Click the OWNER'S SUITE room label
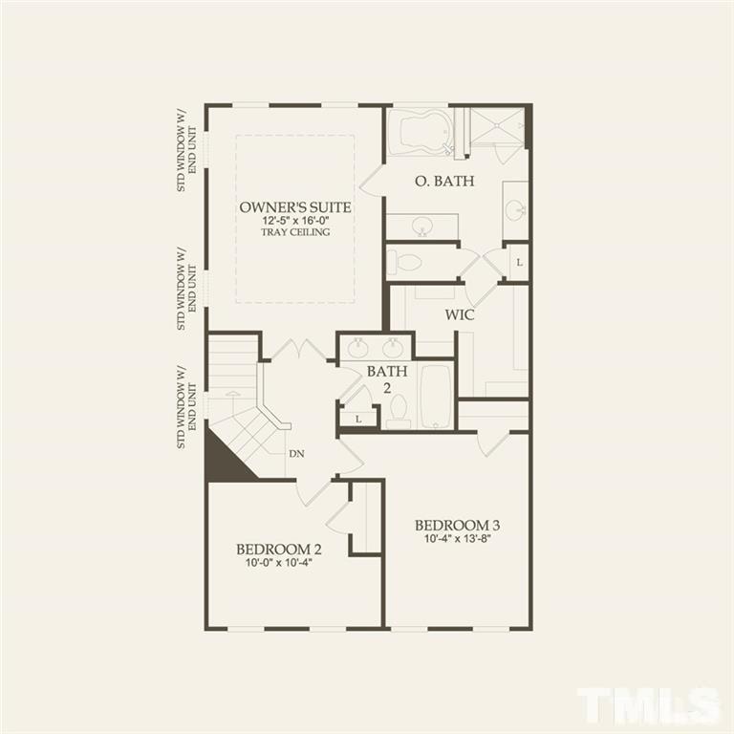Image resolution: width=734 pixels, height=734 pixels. coord(294,207)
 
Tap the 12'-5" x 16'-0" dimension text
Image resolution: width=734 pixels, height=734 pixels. coord(294,221)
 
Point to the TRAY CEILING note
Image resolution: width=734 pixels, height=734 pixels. coord(294,232)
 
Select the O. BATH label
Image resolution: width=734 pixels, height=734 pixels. coord(444,181)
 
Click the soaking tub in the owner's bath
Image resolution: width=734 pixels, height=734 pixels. coord(421,132)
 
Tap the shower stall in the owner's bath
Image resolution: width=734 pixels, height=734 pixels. coord(497,128)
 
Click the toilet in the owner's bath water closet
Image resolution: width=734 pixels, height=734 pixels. coord(409,262)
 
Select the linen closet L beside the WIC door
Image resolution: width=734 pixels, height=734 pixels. coord(518,262)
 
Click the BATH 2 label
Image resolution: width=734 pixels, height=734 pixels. coord(388,378)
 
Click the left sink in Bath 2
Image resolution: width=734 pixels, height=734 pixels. coord(359,347)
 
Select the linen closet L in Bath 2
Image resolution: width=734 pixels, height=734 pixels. coord(357,419)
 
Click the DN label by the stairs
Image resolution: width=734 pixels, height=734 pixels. coord(297,454)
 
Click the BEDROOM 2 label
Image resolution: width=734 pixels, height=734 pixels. coord(278,550)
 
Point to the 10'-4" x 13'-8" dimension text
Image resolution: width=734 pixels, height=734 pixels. coord(457,538)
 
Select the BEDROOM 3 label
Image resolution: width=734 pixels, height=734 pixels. coord(457,526)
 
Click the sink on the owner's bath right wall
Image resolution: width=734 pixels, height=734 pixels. coord(515,209)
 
